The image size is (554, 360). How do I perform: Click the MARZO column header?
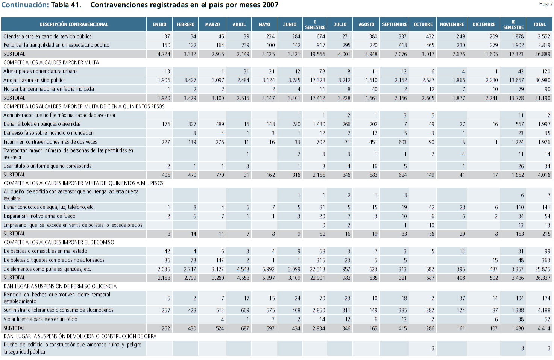(x=212, y=24)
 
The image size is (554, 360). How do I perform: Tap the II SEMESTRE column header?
(x=513, y=24)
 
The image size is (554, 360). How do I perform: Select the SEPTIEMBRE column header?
(x=395, y=24)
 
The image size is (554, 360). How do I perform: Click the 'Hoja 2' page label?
(x=546, y=4)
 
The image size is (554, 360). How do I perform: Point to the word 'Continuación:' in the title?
(x=25, y=5)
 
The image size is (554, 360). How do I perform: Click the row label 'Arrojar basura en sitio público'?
(x=35, y=80)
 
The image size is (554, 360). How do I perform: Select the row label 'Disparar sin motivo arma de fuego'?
(x=39, y=216)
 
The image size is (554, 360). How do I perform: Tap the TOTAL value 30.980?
(x=543, y=80)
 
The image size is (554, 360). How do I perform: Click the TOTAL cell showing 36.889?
(x=543, y=54)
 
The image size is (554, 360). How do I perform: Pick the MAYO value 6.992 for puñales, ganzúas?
(x=268, y=269)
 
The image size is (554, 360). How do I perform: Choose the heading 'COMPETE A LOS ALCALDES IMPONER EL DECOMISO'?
(x=59, y=242)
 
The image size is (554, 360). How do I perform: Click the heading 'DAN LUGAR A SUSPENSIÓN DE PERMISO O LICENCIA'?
(x=60, y=286)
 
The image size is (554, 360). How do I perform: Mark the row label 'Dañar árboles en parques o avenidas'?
(x=42, y=124)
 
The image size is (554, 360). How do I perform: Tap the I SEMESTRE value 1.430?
(x=319, y=124)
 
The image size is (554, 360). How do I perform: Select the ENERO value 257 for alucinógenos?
(x=166, y=310)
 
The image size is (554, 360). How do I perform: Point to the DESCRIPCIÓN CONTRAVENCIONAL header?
(x=74, y=24)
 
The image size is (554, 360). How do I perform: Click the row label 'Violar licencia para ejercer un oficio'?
(x=41, y=319)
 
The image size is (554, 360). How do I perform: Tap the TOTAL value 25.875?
(x=543, y=269)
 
